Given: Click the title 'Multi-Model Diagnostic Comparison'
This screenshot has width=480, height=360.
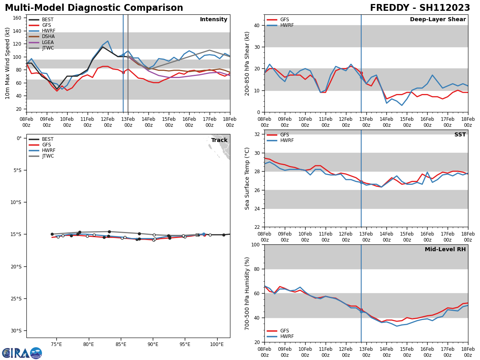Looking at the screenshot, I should pyautogui.click(x=94, y=8).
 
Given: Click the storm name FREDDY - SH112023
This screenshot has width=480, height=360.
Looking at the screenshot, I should pyautogui.click(x=420, y=8).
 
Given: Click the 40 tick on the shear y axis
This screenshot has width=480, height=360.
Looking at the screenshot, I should pyautogui.click(x=258, y=26).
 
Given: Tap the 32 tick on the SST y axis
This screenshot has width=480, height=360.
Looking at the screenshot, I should pyautogui.click(x=258, y=134).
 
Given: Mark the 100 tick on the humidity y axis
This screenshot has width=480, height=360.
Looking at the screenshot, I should pyautogui.click(x=257, y=244).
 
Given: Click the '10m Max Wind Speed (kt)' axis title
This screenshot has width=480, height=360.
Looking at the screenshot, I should pyautogui.click(x=8, y=63).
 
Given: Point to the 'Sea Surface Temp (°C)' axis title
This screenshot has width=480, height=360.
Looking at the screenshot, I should pyautogui.click(x=247, y=178).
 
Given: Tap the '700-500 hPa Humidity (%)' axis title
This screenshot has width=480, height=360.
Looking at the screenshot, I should pyautogui.click(x=247, y=293).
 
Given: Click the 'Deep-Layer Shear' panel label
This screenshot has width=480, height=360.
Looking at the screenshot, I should pyautogui.click(x=438, y=20).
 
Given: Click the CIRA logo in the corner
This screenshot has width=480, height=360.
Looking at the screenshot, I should pyautogui.click(x=22, y=353).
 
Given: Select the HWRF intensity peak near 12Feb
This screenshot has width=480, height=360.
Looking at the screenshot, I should pyautogui.click(x=108, y=41).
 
